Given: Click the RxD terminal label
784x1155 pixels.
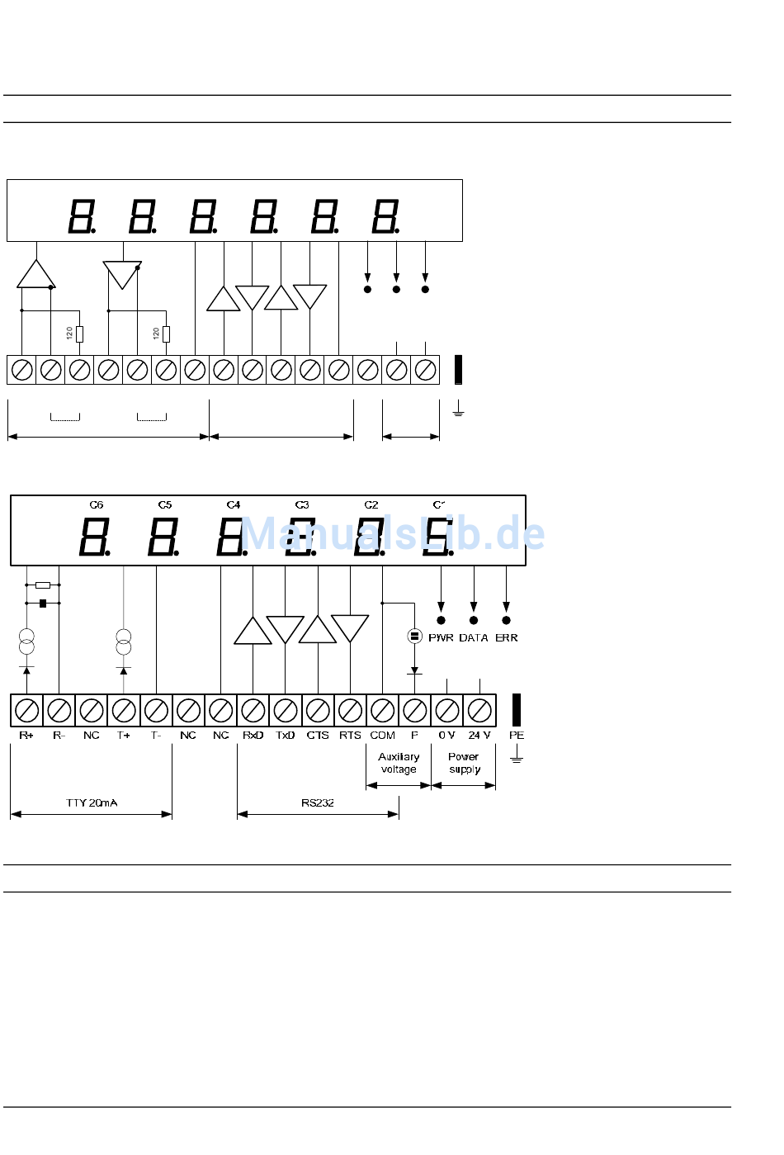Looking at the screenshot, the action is tap(253, 735).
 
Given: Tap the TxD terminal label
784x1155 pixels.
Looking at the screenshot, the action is tap(285, 735).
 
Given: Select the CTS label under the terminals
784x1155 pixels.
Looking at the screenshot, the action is tap(318, 735).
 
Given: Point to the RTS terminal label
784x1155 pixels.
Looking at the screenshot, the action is tap(350, 735).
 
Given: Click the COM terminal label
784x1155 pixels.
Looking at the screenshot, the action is tap(382, 735).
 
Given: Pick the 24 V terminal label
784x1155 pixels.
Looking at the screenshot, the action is tap(479, 735).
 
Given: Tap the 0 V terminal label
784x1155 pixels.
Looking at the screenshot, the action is tap(446, 735).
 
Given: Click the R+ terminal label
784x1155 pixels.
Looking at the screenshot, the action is tap(26, 735).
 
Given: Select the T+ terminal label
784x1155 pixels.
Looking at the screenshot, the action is tap(124, 735).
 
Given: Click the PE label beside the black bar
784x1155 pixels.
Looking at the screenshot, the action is tap(517, 735).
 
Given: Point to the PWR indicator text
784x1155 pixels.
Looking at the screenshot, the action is tap(441, 638).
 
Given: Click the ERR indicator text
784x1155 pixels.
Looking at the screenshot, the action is tap(507, 638).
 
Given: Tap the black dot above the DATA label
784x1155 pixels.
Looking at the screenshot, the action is tap(474, 620).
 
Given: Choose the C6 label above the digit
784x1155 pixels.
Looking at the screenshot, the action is tap(97, 504).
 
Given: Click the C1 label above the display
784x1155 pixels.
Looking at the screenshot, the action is tap(439, 504).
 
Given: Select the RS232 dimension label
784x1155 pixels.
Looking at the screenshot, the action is tap(318, 802).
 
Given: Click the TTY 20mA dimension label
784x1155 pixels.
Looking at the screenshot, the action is tap(92, 802).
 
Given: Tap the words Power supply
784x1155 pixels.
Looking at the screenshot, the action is tap(464, 763).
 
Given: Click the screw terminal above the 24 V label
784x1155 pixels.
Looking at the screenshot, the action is tap(479, 710).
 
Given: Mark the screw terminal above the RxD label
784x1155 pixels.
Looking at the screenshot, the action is tap(253, 710).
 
